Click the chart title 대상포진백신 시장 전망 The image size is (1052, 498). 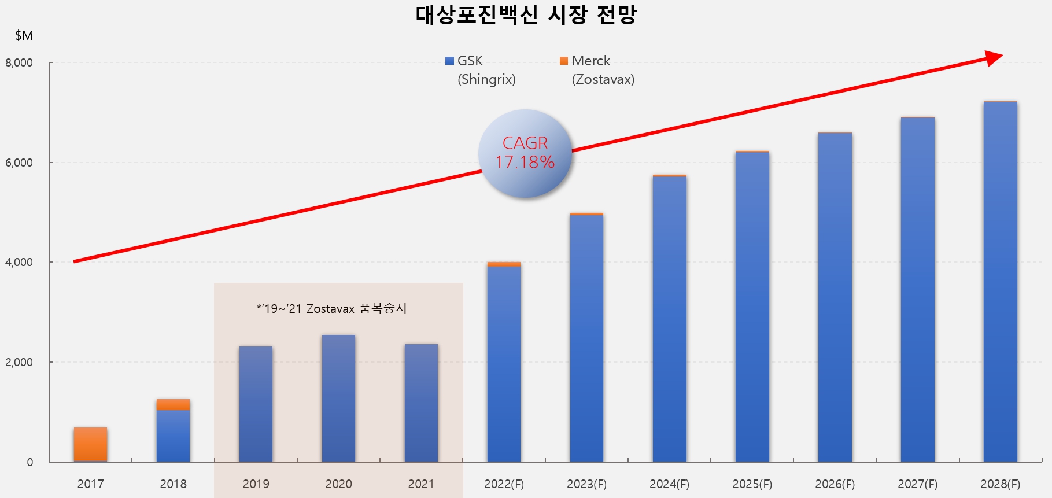[x=526, y=15]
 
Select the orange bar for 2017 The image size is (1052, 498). [x=90, y=444]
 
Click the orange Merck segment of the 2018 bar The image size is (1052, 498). [x=173, y=404]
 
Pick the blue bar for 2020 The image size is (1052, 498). [x=338, y=399]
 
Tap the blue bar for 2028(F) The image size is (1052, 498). [x=1000, y=283]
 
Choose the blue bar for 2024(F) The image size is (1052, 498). [x=669, y=318]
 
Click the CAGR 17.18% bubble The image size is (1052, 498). [x=525, y=153]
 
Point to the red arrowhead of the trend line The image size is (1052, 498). [x=993, y=58]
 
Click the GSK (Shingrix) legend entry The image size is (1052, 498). [x=480, y=70]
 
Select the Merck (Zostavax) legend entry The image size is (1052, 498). [x=597, y=70]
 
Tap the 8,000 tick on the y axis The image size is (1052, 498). [x=19, y=62]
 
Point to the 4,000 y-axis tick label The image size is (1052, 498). [x=19, y=262]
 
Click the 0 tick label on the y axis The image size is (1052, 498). [x=29, y=462]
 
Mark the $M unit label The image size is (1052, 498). [x=24, y=36]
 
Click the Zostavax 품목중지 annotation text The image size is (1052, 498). [x=332, y=308]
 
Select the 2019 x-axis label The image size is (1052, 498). [x=256, y=484]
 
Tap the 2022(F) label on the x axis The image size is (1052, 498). [x=504, y=484]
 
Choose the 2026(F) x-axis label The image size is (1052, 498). [x=835, y=484]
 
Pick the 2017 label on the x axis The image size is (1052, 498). [x=90, y=484]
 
